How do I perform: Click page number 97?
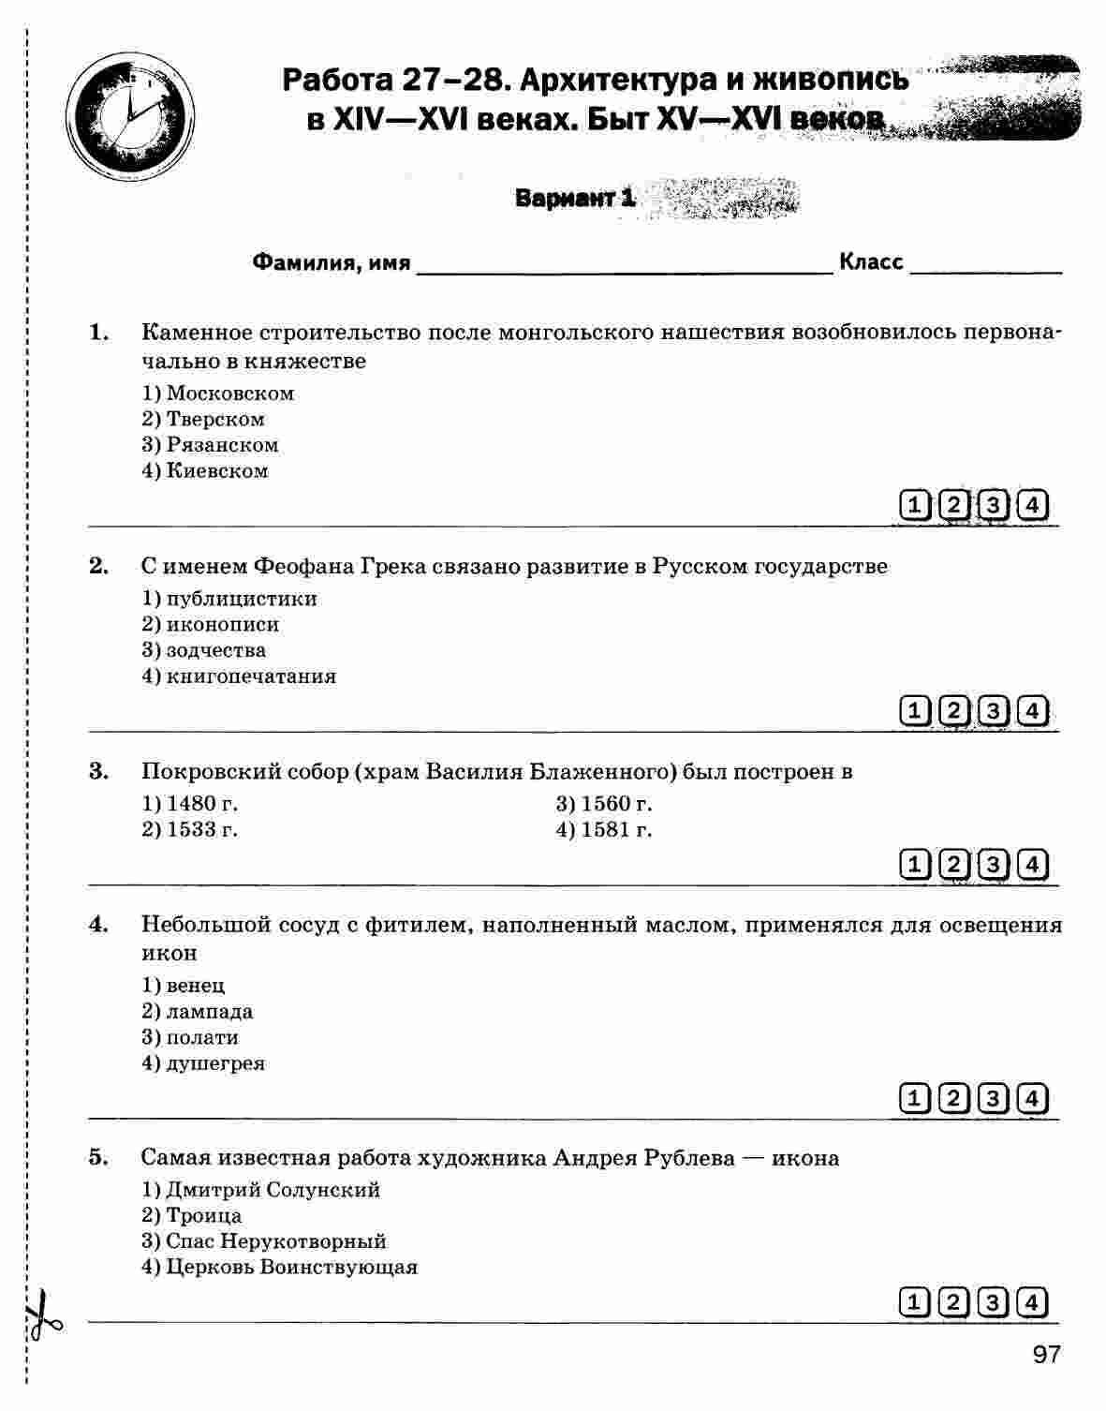tap(1046, 1355)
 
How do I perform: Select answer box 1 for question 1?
tap(914, 506)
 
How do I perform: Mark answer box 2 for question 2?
tap(953, 711)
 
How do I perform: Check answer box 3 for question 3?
tap(993, 864)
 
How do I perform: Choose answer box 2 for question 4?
tap(953, 1098)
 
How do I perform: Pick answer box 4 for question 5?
tap(1032, 1302)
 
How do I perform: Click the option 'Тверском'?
tap(214, 419)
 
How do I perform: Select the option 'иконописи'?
tap(222, 624)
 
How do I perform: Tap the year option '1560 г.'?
tap(615, 804)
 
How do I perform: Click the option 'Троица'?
tap(203, 1215)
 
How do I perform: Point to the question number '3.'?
tap(98, 771)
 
